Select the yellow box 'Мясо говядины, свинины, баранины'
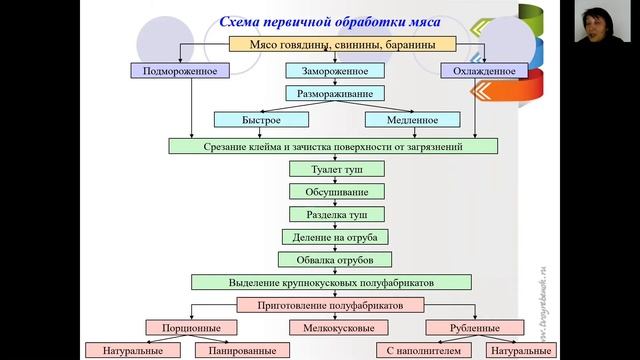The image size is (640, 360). [343, 44]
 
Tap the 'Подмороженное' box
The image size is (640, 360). [180, 71]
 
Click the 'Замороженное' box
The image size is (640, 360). [334, 71]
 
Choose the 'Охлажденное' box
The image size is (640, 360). [484, 71]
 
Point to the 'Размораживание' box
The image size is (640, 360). [334, 94]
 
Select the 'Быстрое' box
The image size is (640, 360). [261, 120]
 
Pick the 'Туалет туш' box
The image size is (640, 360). [334, 169]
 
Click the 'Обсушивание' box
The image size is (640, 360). [334, 191]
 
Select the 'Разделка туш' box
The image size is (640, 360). [334, 214]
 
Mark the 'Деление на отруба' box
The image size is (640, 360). [334, 237]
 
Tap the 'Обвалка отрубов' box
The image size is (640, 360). [334, 260]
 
